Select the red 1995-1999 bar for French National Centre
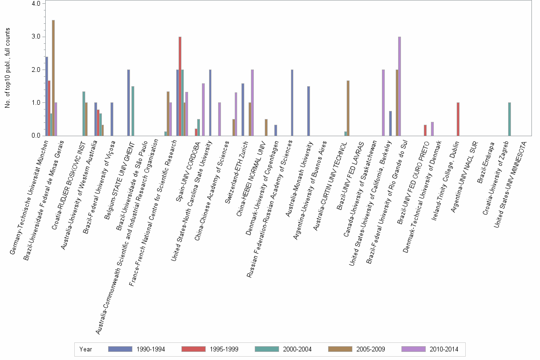(x=180, y=86)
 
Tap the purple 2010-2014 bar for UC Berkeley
(x=400, y=86)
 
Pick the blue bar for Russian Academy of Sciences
(x=292, y=103)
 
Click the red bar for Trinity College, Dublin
(x=458, y=119)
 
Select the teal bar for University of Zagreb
(x=509, y=119)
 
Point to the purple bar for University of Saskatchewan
(x=383, y=103)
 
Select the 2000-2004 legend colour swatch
(x=268, y=350)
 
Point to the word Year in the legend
(x=86, y=350)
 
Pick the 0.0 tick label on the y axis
(x=36, y=136)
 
